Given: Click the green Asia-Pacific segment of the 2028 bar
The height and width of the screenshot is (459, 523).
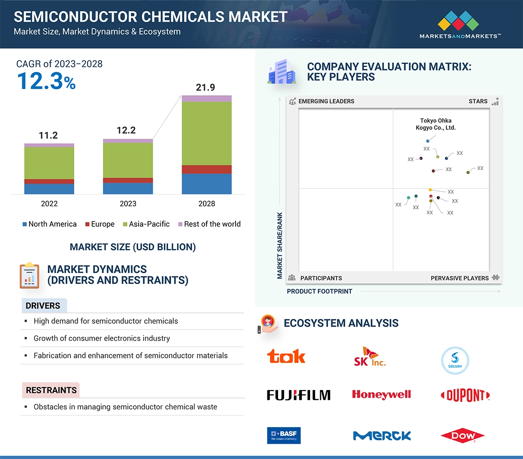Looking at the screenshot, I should [207, 133].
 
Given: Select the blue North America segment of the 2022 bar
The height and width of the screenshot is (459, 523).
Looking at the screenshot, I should [49, 189].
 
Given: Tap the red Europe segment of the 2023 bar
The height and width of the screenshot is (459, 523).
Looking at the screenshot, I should [128, 180].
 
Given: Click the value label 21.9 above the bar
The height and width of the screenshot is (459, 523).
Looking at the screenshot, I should [206, 88].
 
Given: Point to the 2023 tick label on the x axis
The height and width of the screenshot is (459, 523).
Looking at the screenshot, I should [128, 204].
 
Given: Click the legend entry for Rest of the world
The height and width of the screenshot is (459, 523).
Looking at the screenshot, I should [209, 224].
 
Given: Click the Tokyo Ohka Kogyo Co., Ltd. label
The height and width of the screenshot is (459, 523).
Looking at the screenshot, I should [436, 124].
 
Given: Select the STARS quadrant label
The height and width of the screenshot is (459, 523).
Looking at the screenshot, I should [478, 101].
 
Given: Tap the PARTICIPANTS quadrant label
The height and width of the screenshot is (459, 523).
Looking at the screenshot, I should [321, 278].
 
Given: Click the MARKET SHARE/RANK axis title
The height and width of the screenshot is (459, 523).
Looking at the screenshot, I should [280, 245].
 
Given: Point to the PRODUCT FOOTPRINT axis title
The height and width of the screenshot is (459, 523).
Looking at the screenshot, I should [319, 291].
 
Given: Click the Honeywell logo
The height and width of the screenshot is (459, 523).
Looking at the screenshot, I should [381, 395].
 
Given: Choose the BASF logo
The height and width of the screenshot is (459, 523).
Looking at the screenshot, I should [284, 435].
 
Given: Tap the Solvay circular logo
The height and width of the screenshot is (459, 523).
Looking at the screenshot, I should [455, 361].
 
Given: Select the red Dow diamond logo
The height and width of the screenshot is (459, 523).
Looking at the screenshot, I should [462, 435].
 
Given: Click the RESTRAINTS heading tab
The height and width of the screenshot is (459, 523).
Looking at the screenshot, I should [51, 390].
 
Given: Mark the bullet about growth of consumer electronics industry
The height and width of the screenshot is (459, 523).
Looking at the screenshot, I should [102, 338].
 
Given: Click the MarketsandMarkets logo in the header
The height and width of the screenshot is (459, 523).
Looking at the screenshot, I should [460, 25].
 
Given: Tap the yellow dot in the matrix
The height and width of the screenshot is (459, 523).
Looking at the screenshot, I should [430, 190].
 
